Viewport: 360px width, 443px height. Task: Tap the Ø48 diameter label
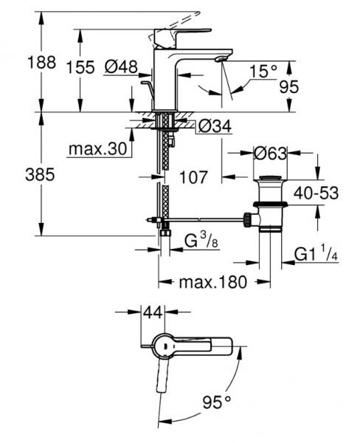121,67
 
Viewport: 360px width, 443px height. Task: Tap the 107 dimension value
193,178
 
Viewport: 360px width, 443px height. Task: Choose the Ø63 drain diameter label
269,154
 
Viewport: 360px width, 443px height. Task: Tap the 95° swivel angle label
219,402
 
